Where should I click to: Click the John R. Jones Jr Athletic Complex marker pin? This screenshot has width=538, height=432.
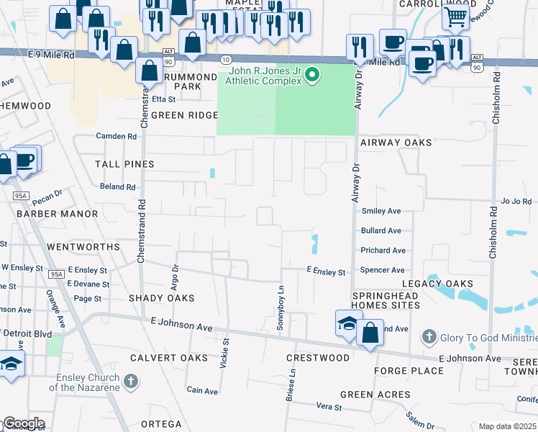pyautogui.click(x=311, y=75)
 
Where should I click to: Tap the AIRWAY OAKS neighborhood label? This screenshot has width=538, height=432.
pyautogui.click(x=396, y=143)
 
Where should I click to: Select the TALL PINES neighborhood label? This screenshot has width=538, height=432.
pyautogui.click(x=124, y=164)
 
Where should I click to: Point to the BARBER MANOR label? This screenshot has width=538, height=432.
pyautogui.click(x=57, y=214)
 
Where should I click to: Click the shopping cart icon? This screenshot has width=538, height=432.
pyautogui.click(x=455, y=17)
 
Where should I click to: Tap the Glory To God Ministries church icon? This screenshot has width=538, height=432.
pyautogui.click(x=429, y=336)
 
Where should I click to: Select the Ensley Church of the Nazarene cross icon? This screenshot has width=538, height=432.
pyautogui.click(x=130, y=381)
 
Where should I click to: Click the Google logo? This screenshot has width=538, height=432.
pyautogui.click(x=24, y=423)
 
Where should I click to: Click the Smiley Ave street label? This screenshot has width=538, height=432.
pyautogui.click(x=381, y=211)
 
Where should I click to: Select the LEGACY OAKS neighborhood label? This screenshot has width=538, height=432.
pyautogui.click(x=430, y=284)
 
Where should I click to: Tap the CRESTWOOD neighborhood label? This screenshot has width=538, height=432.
pyautogui.click(x=317, y=358)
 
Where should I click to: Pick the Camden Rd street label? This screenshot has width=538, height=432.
pyautogui.click(x=117, y=136)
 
